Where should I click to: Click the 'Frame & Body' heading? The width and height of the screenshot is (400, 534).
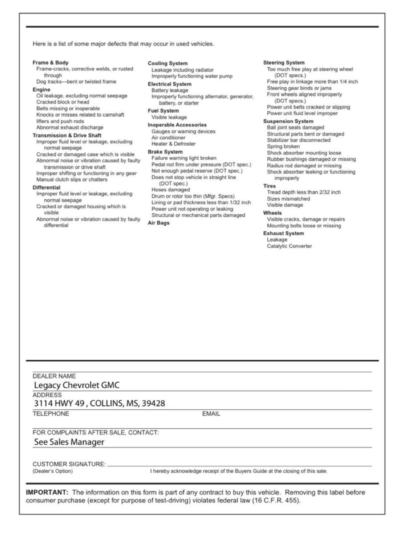click(x=51, y=63)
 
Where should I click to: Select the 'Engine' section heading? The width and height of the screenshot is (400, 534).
click(x=42, y=89)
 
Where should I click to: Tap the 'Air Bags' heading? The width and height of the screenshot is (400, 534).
click(x=158, y=223)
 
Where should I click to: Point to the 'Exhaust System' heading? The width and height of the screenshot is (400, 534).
click(x=283, y=233)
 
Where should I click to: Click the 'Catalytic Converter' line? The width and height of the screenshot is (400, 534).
click(x=289, y=246)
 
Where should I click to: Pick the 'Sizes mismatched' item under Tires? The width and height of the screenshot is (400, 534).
click(x=288, y=199)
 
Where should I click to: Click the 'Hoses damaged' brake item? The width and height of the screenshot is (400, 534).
click(x=170, y=190)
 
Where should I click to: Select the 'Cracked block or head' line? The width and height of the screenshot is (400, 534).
click(x=63, y=102)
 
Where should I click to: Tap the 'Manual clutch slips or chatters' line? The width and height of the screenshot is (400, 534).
click(x=72, y=180)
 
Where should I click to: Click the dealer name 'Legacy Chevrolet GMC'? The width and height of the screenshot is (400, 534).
click(x=77, y=385)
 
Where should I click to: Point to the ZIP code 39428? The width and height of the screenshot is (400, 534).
click(x=153, y=404)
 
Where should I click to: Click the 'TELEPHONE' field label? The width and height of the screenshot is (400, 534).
click(x=51, y=414)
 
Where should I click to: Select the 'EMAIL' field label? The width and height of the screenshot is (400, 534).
click(x=211, y=414)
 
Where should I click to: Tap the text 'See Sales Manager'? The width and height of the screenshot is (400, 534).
click(x=69, y=442)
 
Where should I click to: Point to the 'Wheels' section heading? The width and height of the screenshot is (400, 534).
click(x=272, y=213)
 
